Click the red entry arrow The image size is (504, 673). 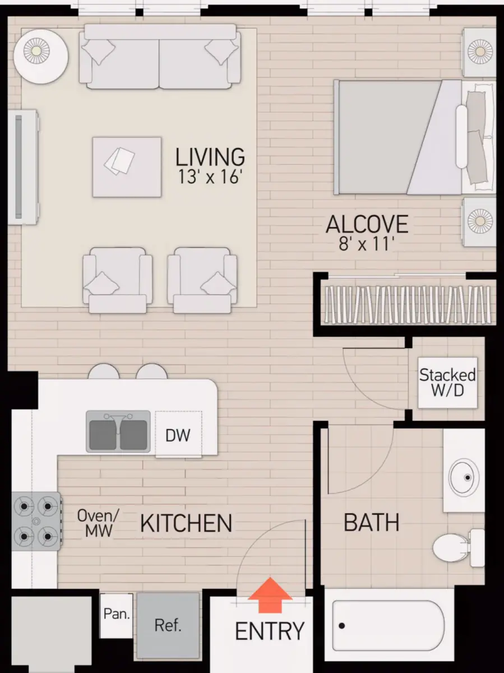(270, 595)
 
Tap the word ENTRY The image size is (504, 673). (270, 631)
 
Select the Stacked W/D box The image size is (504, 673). (447, 382)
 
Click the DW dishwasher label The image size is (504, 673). (178, 435)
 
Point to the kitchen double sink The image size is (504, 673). (118, 431)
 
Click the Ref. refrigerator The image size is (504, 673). (168, 625)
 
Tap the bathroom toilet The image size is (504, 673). (459, 547)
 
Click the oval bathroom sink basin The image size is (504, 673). (464, 477)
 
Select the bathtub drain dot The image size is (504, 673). (341, 626)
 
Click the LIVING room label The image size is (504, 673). (210, 156)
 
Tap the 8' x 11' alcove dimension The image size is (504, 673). (367, 245)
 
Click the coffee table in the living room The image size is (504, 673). (127, 167)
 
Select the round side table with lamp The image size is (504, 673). (41, 56)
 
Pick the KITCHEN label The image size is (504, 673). (186, 523)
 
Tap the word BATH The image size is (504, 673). (371, 522)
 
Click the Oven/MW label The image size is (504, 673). (98, 523)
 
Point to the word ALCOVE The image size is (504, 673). (367, 224)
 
